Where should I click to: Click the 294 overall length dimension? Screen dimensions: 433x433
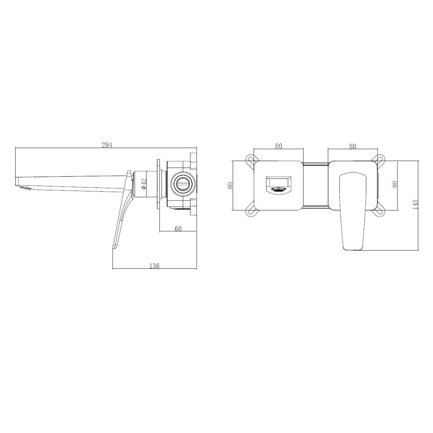click(x=107, y=145)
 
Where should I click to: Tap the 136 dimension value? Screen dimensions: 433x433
click(x=155, y=266)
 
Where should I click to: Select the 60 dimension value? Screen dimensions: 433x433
click(x=178, y=229)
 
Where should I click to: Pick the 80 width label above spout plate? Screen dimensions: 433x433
click(x=278, y=146)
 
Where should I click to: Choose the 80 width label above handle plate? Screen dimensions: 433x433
click(x=352, y=146)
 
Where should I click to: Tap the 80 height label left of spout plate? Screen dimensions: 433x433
click(x=230, y=185)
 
